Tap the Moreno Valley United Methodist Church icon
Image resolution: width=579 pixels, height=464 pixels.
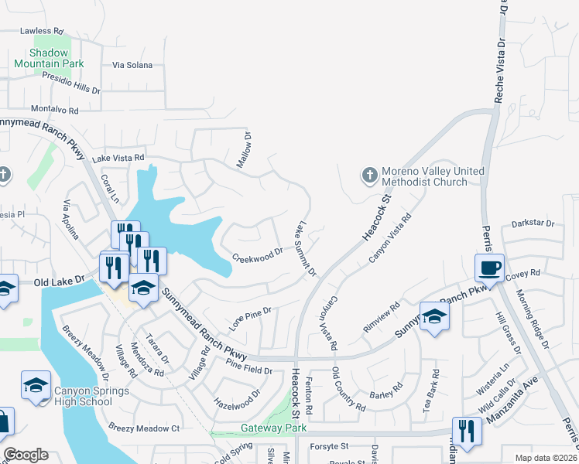pos(368,176)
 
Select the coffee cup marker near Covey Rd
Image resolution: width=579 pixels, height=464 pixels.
pos(489,269)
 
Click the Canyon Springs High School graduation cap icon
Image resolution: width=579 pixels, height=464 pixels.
pos(36,386)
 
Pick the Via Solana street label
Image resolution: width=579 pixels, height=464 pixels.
pos(132,65)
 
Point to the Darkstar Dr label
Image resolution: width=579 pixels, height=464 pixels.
pos(533,224)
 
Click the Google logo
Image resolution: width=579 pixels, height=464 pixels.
pos(26,454)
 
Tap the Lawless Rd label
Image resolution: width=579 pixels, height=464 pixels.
pos(41,31)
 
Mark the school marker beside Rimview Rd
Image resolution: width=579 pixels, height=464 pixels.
pos(434,318)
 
